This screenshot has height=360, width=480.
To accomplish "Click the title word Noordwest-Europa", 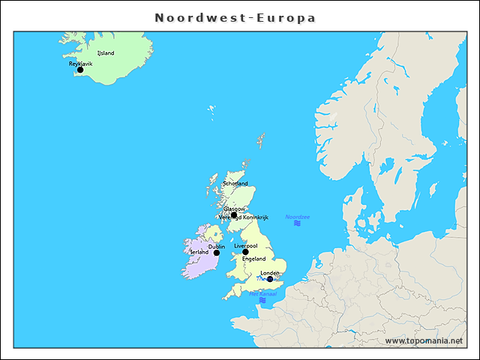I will (x=235, y=17).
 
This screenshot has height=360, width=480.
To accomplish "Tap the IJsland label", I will (x=106, y=53).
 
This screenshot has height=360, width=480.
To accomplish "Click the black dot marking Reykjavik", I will (x=80, y=70).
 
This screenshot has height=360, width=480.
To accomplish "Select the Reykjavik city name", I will (x=81, y=64).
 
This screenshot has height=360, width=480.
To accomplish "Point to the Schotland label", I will (x=235, y=183).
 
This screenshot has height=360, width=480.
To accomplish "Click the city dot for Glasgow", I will (x=234, y=214).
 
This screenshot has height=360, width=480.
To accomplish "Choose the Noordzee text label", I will (x=297, y=217).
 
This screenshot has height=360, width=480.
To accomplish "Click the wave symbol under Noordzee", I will (x=297, y=223).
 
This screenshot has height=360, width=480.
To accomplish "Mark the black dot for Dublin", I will (x=217, y=253).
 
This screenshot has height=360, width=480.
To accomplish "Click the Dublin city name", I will (x=217, y=246).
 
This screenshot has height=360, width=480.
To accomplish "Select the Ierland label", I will (x=199, y=252).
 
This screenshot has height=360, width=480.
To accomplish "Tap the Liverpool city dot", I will (x=245, y=252).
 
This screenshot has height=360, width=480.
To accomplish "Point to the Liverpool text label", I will (x=246, y=245).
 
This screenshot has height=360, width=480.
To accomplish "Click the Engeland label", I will (x=253, y=259).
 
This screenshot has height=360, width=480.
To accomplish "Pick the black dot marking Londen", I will (x=270, y=279).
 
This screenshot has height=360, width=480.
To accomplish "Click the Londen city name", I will (x=270, y=273).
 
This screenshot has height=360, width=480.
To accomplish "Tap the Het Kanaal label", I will (x=262, y=293).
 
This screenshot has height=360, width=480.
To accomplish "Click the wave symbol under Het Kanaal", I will (x=262, y=300).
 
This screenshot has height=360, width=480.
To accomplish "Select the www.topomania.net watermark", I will (x=424, y=340).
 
